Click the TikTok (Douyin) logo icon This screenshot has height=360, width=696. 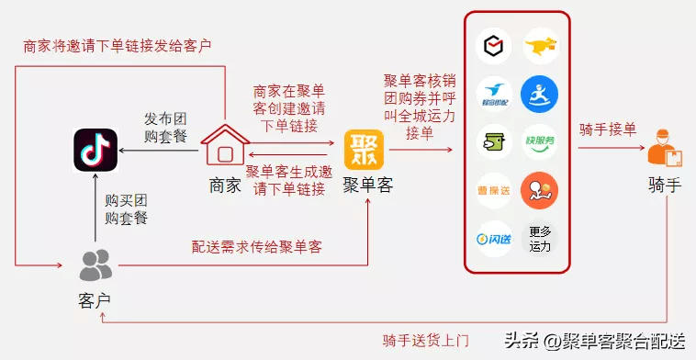tap(95, 150)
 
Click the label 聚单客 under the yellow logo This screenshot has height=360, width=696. tap(368, 186)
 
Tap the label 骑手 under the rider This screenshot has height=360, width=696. tap(664, 186)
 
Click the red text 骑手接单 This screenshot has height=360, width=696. tap(607, 129)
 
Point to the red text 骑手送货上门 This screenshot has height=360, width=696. tap(426, 341)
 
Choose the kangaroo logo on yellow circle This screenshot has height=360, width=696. tap(540, 45)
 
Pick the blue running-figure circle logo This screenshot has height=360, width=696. tap(540, 93)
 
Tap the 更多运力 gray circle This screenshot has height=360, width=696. tap(540, 239)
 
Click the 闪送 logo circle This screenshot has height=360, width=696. tap(494, 239)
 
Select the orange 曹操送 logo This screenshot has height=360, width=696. tap(494, 190)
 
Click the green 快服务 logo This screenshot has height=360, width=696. tap(540, 141)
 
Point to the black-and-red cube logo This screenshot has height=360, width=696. tap(494, 45)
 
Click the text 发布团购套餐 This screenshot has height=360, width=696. tap(167, 129)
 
